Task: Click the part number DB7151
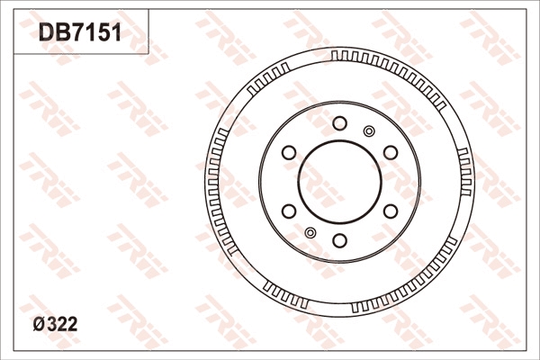[x=79, y=33]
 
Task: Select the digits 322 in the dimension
[x=60, y=325]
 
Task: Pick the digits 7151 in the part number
[x=94, y=33]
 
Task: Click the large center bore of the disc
[x=339, y=182]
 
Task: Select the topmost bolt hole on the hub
[x=339, y=123]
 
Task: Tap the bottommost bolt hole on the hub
[x=339, y=240]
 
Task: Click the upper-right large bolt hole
[x=391, y=152]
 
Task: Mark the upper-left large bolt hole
[x=289, y=152]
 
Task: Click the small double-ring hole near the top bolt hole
[x=368, y=131]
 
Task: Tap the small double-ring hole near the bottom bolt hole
[x=310, y=233]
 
